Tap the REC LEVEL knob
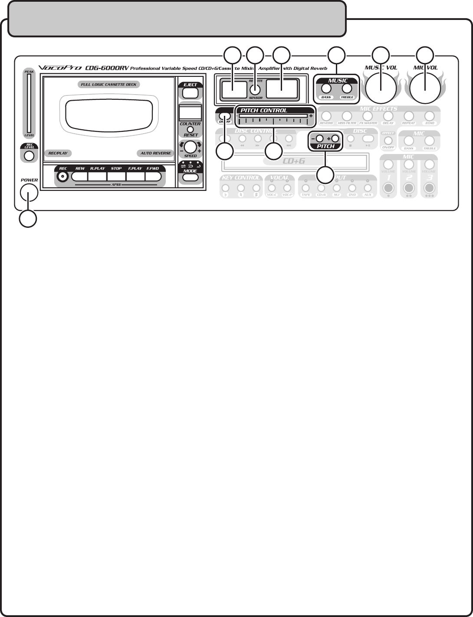coord(29,156)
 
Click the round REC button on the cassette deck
coord(64,177)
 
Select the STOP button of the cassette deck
coord(116,177)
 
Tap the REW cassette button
coord(79,177)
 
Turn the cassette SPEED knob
coord(190,147)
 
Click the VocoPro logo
coord(60,68)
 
